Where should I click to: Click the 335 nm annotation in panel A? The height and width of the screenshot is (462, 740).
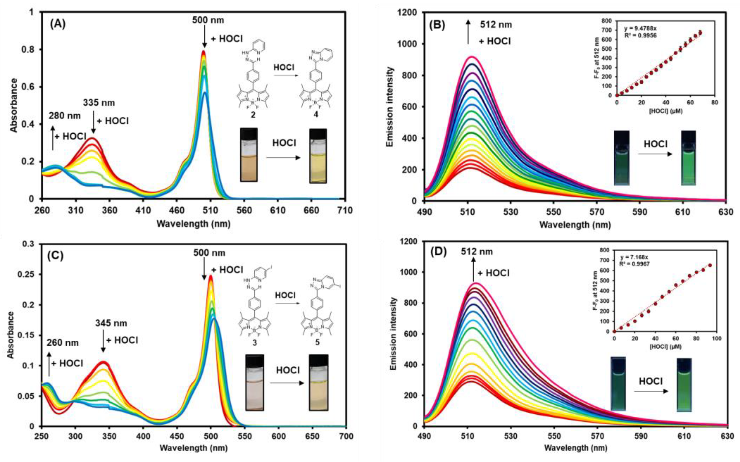click(99, 103)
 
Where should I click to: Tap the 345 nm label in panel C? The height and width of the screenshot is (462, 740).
click(111, 323)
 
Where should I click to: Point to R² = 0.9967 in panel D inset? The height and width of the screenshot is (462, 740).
click(634, 263)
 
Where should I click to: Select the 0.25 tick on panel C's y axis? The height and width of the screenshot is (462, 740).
click(28, 274)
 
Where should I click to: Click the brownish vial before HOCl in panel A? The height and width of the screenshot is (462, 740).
click(249, 155)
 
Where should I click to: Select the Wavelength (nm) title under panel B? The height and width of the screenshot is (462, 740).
click(575, 225)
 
